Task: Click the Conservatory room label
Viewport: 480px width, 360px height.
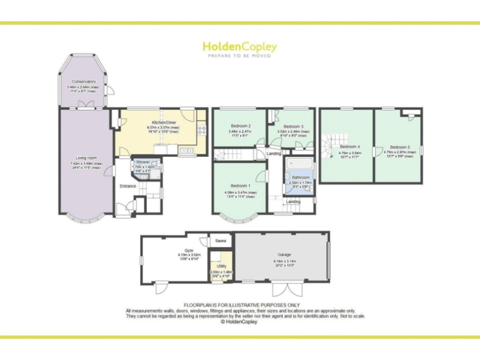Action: [84, 82]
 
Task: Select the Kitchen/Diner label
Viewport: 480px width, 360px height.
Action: [162, 122]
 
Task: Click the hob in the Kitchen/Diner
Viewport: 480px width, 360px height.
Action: [202, 130]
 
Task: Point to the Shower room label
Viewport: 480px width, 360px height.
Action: [143, 162]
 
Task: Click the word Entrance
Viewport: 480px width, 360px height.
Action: [128, 186]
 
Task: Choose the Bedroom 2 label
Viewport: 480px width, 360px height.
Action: [240, 127]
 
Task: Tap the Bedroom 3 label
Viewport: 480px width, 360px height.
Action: [292, 127]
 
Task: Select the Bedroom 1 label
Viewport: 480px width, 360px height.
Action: [240, 186]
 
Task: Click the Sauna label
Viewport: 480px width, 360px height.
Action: [220, 241]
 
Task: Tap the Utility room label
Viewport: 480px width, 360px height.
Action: [221, 266]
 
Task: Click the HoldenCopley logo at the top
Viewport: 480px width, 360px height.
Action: [239, 47]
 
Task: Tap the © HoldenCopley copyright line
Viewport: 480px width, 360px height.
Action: [239, 322]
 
